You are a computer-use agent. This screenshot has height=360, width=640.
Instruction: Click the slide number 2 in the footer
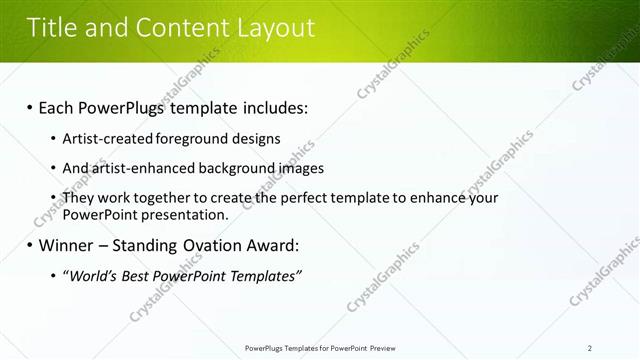(590, 348)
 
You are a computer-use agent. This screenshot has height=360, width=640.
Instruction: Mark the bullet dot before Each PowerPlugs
(29, 108)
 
